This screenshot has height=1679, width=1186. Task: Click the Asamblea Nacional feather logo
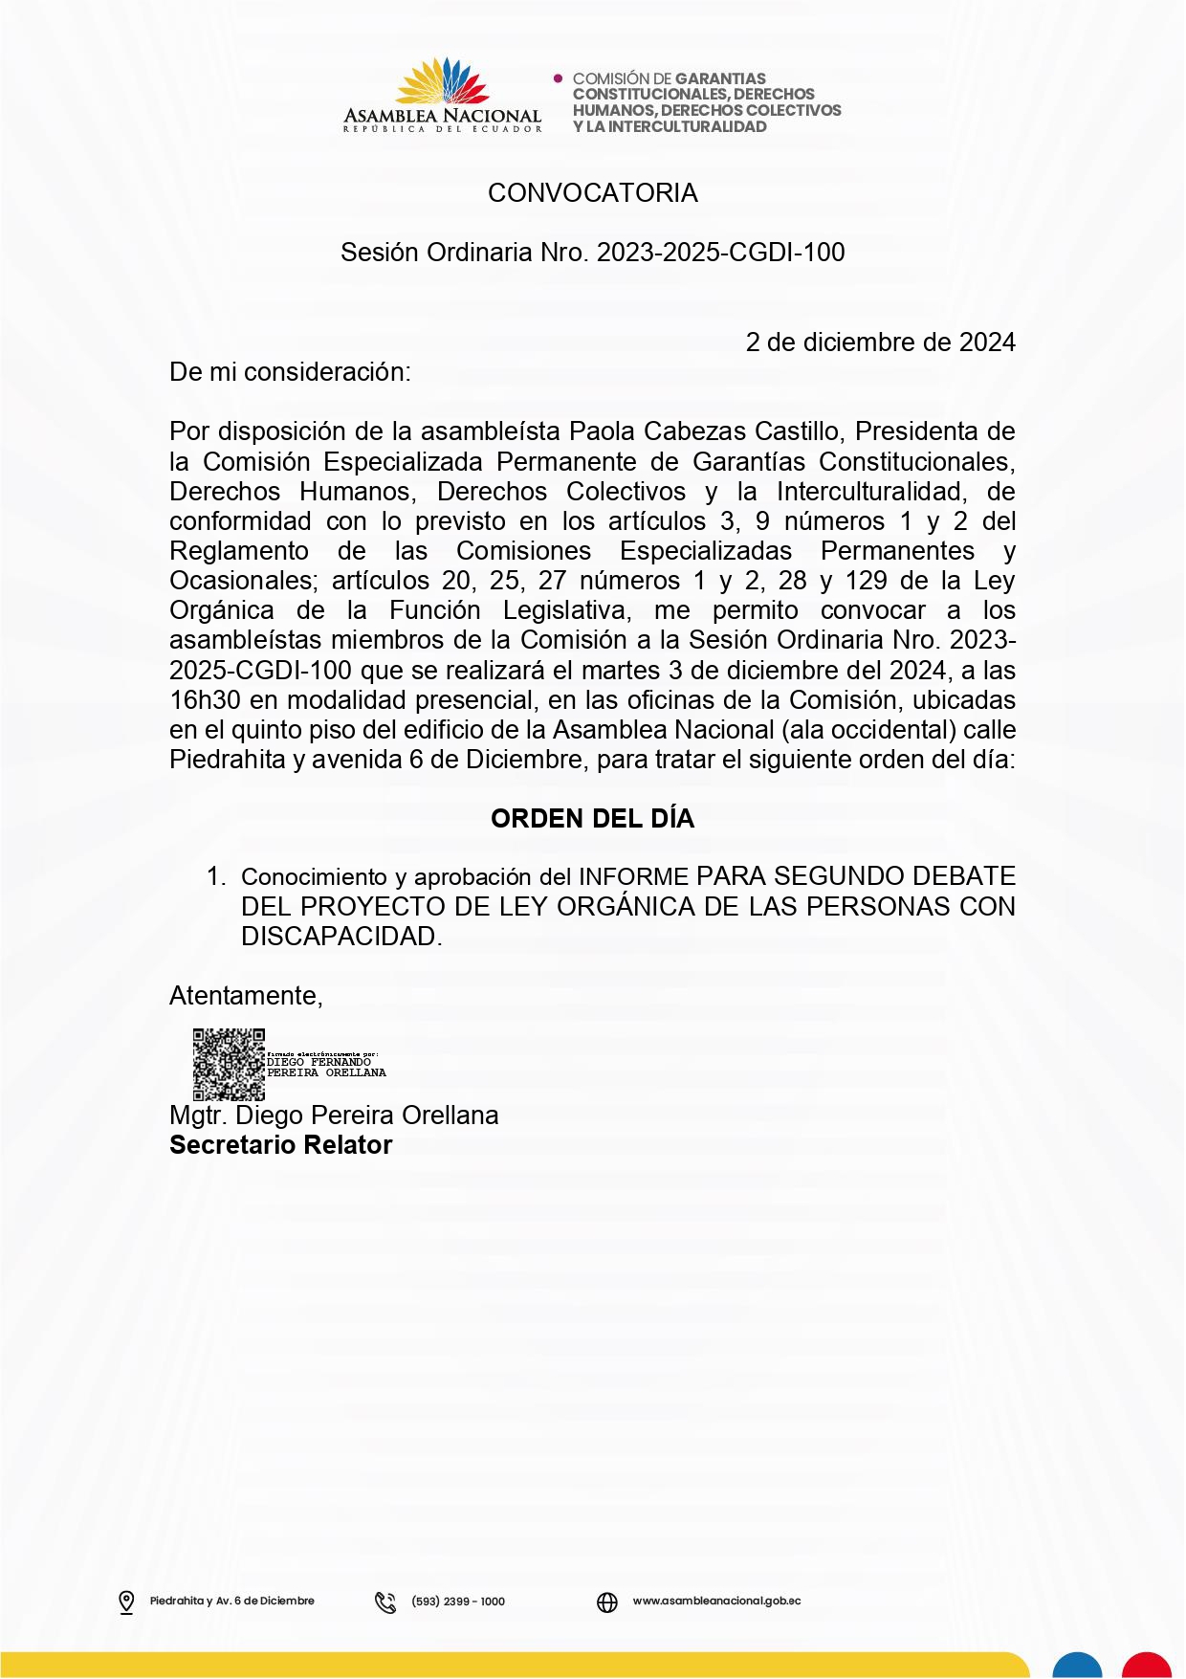[x=443, y=82]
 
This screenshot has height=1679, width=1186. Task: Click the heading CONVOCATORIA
[x=592, y=193]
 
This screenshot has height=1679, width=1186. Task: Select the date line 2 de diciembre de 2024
[x=880, y=342]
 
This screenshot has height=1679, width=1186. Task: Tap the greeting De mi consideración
[x=290, y=372]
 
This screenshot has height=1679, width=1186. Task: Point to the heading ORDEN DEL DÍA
[x=592, y=819]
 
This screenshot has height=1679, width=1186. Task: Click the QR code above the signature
[x=229, y=1064]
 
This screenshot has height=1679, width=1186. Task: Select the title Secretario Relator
[x=280, y=1145]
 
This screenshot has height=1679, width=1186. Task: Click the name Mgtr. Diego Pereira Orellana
[x=334, y=1116]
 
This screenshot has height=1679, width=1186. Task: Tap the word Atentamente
[x=246, y=996]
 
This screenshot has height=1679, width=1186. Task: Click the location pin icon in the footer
[x=126, y=1602]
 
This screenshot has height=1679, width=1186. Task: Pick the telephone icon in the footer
[x=385, y=1602]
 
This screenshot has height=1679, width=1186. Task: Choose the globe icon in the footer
[x=607, y=1602]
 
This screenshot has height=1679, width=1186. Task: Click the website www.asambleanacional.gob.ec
[x=716, y=1601]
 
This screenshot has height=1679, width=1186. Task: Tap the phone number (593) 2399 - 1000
[x=458, y=1602]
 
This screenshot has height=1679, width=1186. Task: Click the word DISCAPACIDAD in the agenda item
[x=340, y=937]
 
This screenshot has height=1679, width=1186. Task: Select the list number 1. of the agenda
[x=216, y=876]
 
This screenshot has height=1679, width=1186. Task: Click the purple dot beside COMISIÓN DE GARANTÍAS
[x=559, y=78]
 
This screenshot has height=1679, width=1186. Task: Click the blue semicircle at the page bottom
[x=1077, y=1666]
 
